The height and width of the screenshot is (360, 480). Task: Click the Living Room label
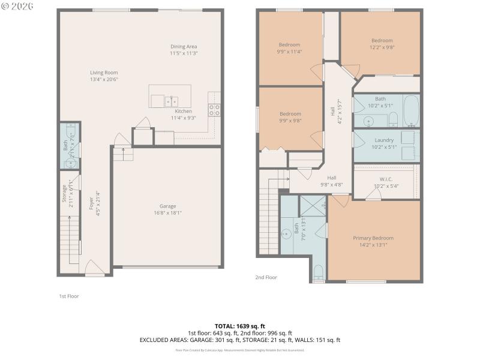(x=104, y=73)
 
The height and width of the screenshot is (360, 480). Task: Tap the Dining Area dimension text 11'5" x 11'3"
(x=184, y=53)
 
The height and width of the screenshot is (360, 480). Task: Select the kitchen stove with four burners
(x=214, y=109)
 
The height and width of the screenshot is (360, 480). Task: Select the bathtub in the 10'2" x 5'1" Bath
(x=411, y=110)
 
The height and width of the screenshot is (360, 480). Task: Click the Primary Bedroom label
(x=373, y=238)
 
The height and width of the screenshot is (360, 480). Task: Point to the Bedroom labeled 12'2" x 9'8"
(x=382, y=40)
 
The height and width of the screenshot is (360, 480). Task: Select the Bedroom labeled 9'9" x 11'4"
(x=290, y=44)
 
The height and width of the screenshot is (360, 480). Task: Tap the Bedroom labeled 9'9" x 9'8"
(x=290, y=113)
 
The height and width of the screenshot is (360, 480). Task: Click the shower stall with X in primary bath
(x=312, y=205)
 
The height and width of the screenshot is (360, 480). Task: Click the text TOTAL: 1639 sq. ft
(x=240, y=326)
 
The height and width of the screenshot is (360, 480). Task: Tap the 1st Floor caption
(x=68, y=296)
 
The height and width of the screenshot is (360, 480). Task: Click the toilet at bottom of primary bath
(x=318, y=273)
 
